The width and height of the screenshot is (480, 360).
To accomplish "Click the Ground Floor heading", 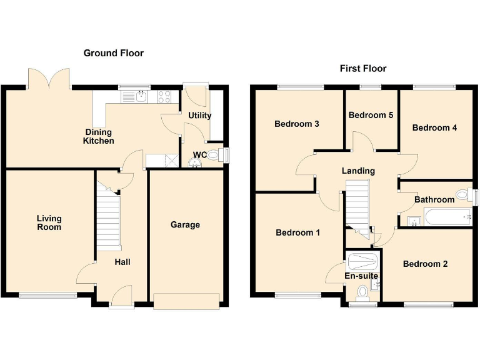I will pos(113,53).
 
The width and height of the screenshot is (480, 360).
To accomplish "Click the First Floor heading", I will pos(362,68).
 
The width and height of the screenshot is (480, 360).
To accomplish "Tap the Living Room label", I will pos(49,222).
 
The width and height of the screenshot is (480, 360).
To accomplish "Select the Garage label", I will pos(185,224).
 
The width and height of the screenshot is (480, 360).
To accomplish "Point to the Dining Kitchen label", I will pos(99,136).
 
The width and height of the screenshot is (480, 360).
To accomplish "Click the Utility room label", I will pos(200,115).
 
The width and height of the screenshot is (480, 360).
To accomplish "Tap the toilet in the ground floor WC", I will pos(214,154).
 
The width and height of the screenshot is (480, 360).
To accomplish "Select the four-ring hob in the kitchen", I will pos(164,96).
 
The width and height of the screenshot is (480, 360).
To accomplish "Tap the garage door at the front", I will pos(187,301).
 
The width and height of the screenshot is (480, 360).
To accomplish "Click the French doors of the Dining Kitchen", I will pos(49,80).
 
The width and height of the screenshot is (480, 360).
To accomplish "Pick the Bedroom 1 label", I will pos(298,232).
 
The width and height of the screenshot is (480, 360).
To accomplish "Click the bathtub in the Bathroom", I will pos(447,218).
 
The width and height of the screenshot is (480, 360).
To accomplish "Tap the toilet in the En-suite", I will pos(362,292).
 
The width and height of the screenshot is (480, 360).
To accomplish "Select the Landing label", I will pos(358,171).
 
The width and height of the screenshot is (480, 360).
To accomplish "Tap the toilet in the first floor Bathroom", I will pos(463,195).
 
